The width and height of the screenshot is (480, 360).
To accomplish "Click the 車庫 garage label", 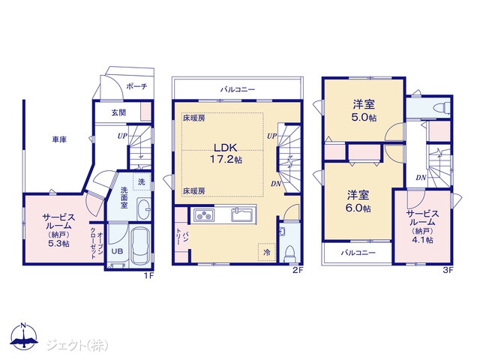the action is pos(59,139).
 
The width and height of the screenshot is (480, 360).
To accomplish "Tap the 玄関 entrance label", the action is pos(118,112).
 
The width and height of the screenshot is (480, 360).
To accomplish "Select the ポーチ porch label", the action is pos(136,86).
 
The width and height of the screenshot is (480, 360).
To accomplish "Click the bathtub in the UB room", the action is pos(140,246).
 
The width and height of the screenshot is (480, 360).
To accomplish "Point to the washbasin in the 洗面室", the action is pos(143,208).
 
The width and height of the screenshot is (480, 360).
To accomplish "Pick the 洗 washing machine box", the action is pos(142,181).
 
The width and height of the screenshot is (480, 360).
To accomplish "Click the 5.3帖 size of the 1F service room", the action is pos(58,243).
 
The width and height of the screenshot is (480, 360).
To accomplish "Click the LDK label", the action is pos(225,148).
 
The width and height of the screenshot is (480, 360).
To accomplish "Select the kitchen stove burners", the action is pos(204,215).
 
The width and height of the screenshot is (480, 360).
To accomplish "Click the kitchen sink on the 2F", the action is pos(241,214).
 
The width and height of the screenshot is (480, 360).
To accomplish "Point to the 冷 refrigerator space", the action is pos(267,253).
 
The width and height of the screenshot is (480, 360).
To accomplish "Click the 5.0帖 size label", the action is pos(364,118).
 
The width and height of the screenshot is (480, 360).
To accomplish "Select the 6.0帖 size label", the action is pos(358,208).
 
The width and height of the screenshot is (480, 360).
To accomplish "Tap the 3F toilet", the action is pos(442,108).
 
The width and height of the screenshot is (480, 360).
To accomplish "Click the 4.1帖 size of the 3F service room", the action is pos(422,240).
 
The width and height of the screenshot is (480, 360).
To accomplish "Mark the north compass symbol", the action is pos(24,336).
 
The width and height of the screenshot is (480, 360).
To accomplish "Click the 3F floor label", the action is pos(448,270).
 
